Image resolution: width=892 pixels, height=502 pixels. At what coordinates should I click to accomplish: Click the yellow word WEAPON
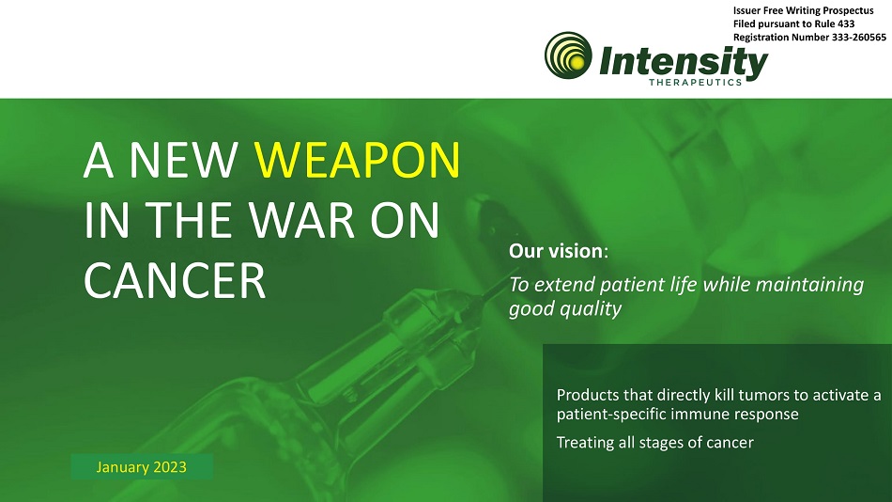pos(357,160)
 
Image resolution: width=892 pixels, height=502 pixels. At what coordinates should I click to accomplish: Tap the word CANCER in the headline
pos(175,280)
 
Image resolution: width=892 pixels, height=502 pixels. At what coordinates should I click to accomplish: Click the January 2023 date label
pos(141,466)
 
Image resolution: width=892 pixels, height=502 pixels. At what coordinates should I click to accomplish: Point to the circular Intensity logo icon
pos(568,55)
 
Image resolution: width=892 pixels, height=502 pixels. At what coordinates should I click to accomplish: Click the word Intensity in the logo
pos(684,61)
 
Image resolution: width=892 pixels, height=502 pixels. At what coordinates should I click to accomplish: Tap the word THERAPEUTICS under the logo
pos(695,82)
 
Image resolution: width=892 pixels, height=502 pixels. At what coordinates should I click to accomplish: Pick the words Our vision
pos(556,251)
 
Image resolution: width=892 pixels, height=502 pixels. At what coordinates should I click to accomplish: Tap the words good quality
pos(565,309)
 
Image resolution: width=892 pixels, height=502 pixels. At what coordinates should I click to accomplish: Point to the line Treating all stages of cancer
pos(654,443)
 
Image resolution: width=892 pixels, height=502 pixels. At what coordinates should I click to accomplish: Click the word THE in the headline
pos(188,220)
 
